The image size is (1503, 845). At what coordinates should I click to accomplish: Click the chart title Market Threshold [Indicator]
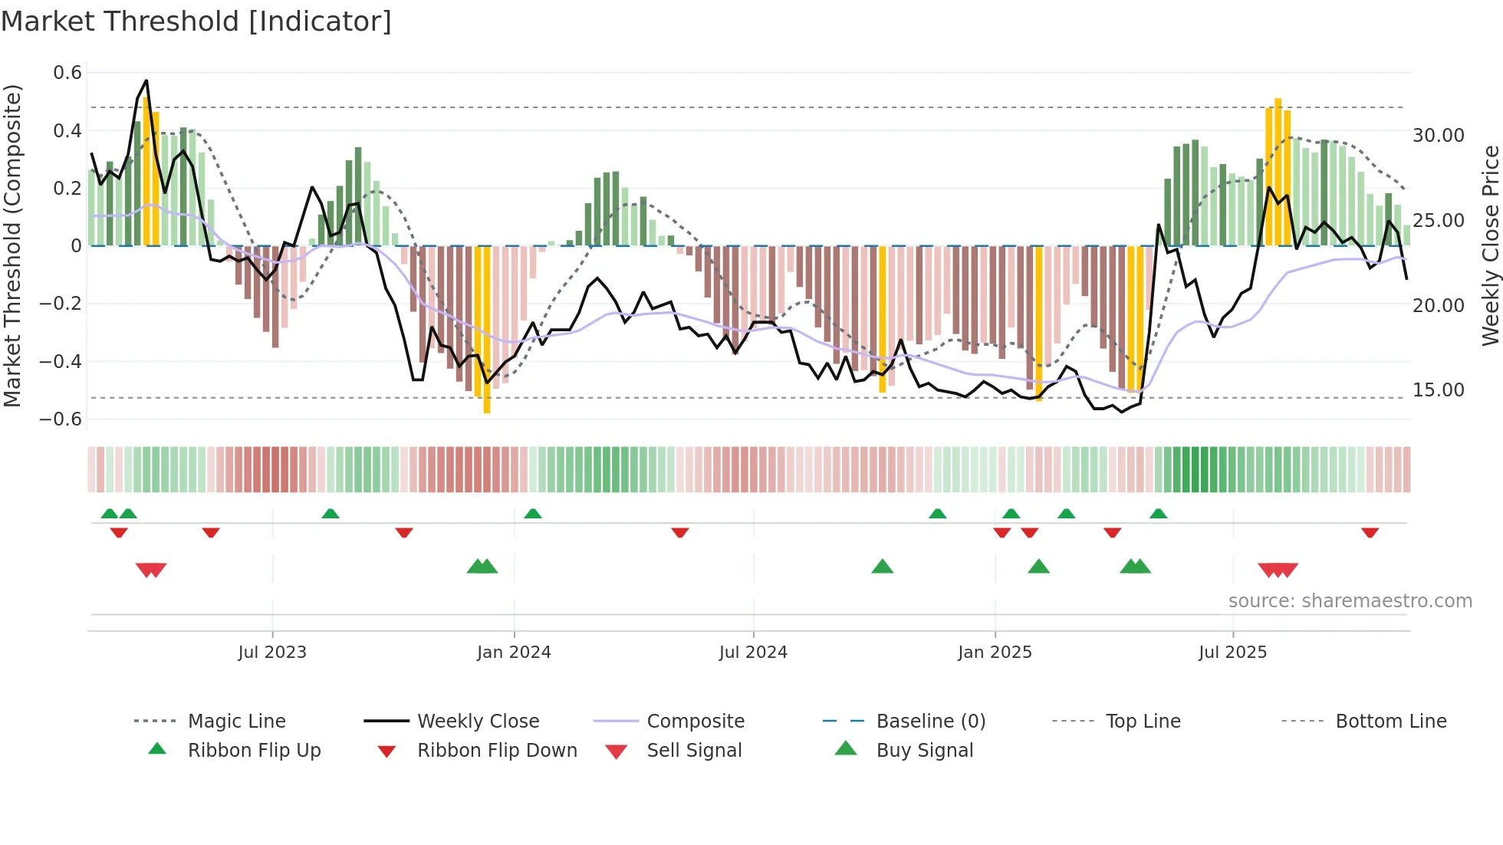tap(196, 21)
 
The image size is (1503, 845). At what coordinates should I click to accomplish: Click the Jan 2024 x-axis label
tap(514, 653)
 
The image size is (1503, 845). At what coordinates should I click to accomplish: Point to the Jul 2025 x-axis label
tap(1232, 653)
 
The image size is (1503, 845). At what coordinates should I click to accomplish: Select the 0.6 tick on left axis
tap(67, 73)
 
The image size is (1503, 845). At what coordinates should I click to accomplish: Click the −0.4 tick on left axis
tap(61, 361)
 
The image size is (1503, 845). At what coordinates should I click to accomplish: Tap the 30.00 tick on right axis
tap(1438, 136)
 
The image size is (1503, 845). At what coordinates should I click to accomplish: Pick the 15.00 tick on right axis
tap(1438, 390)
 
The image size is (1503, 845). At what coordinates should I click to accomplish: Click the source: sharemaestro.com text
tap(1350, 600)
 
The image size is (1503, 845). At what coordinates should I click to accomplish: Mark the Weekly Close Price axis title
tap(1490, 245)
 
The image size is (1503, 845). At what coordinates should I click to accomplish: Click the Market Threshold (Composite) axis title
tap(12, 245)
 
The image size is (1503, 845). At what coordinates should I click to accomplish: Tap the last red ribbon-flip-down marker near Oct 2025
tap(1370, 532)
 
